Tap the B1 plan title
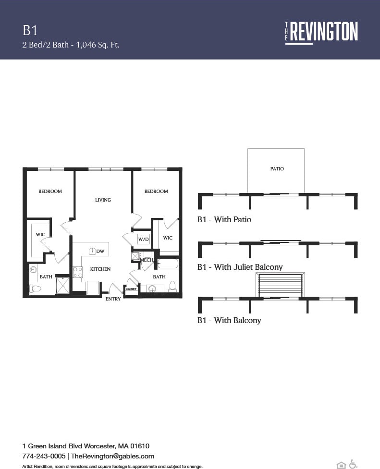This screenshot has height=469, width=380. [30, 31]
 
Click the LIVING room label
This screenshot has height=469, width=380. [103, 200]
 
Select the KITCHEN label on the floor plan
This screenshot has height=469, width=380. [100, 269]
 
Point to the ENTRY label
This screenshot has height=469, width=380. [113, 299]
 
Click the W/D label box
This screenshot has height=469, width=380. [143, 239]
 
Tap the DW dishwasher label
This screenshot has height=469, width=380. [100, 251]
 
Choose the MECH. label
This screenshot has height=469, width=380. [146, 260]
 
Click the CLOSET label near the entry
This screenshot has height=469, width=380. [131, 289]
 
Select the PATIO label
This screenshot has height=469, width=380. [277, 169]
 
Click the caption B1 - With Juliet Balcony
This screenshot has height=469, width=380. [240, 267]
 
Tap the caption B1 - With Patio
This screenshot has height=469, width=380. [224, 219]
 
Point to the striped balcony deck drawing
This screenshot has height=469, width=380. [280, 286]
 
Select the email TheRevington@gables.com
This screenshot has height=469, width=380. [112, 456]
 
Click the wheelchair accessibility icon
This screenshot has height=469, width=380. [353, 464]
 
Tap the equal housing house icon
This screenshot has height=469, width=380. [341, 464]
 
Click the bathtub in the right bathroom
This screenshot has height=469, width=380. [168, 264]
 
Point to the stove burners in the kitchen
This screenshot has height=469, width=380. [77, 272]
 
